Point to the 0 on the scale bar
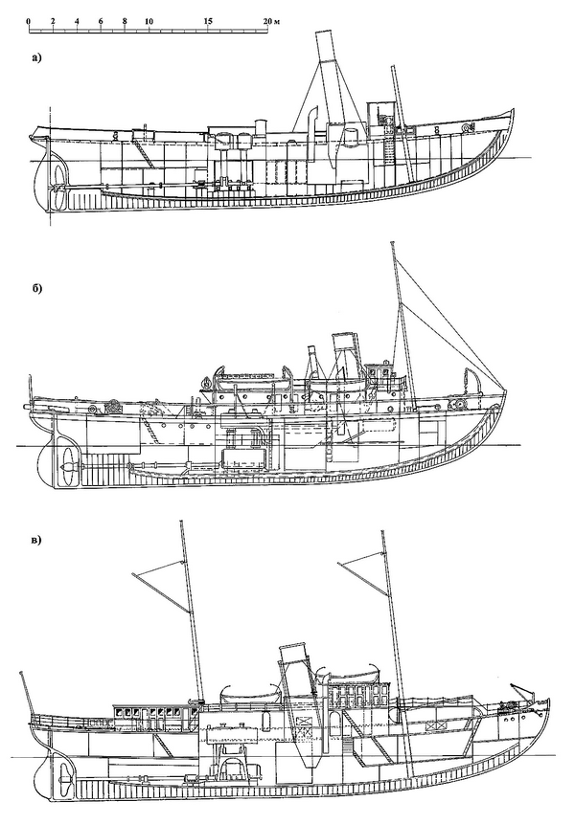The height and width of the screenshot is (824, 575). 29,20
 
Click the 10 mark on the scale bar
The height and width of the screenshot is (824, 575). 149,20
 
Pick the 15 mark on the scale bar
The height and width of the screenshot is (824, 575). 209,20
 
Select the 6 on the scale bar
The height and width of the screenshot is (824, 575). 101,20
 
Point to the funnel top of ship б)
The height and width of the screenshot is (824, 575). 344,337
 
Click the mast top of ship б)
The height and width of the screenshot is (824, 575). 393,245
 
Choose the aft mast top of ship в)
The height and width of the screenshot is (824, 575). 180,523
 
